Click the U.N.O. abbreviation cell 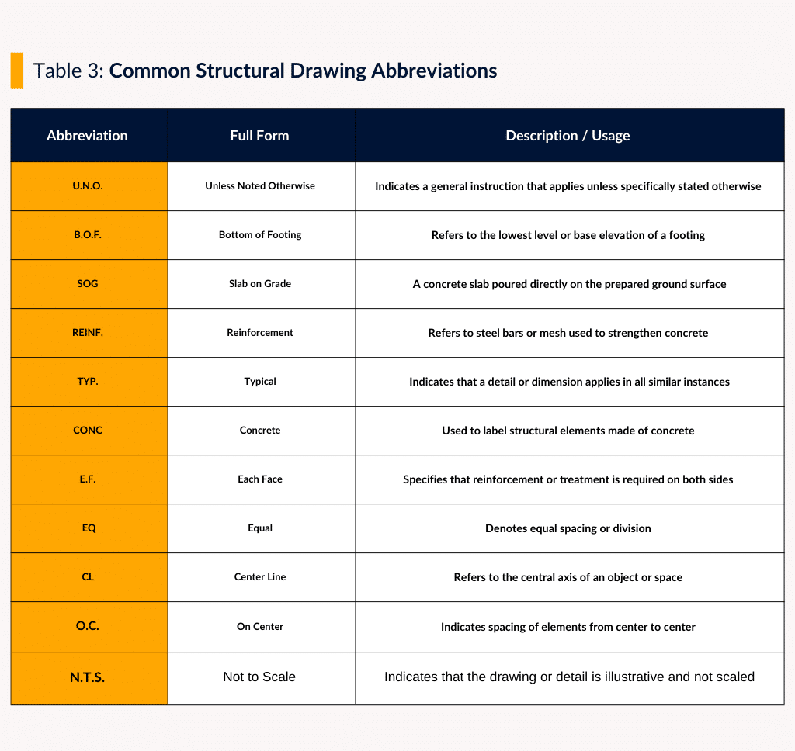point(88,186)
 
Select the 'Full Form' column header point(259,136)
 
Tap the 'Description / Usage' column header point(568,136)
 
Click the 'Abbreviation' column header point(87,136)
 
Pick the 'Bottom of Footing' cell point(260,235)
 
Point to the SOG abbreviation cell point(88,284)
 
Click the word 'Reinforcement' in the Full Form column point(260,333)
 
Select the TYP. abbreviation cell point(88,382)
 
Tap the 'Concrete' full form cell point(260,431)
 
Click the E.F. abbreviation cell point(88,479)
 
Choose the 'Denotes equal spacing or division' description point(568,528)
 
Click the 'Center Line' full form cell point(260,577)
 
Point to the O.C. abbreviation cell point(88,626)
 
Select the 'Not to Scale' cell point(259,677)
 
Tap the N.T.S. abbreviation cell point(88,677)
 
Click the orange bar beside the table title point(16,71)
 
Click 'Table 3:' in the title point(68,71)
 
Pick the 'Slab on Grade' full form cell point(260,284)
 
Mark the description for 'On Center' point(568,627)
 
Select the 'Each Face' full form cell point(260,479)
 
